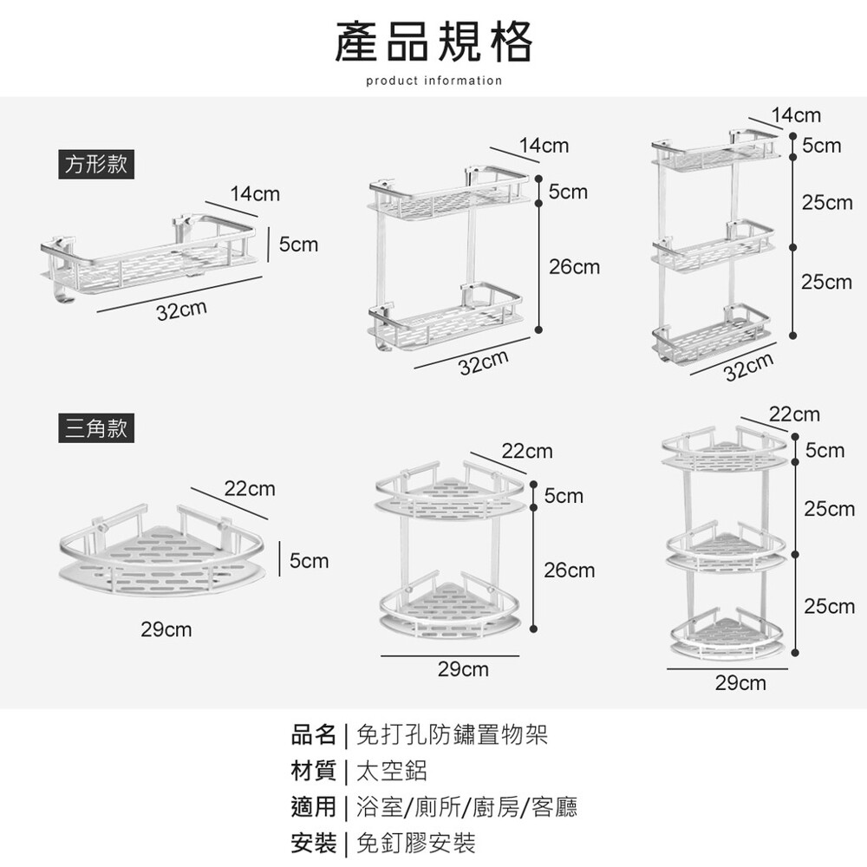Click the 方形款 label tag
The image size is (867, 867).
point(96,164)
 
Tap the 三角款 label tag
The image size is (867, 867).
point(96,428)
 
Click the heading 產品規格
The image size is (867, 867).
point(433,42)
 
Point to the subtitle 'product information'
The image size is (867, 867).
point(433,81)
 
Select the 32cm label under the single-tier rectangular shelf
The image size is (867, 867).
point(181,310)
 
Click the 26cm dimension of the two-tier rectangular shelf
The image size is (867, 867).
point(574,267)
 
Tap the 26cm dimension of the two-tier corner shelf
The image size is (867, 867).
point(569,570)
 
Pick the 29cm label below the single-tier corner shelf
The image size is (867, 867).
point(166,629)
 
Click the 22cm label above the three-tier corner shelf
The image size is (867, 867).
point(794,414)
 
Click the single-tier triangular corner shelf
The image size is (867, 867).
point(160,555)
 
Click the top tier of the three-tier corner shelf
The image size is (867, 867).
point(724,451)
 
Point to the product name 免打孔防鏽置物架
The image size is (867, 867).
point(452,737)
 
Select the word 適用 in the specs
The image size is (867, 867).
point(313,807)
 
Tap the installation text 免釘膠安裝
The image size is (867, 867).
point(416,842)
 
